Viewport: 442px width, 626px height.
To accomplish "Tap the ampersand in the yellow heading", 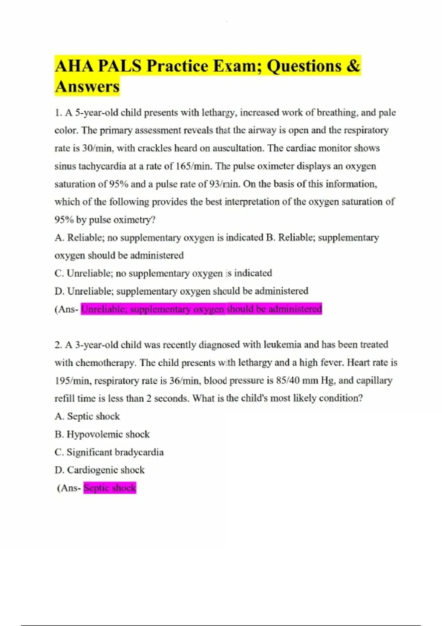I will (x=353, y=66).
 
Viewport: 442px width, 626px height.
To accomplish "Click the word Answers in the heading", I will (x=87, y=87).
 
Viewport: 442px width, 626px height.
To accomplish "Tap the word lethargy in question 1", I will (x=218, y=112).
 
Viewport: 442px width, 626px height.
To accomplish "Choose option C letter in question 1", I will (x=59, y=273).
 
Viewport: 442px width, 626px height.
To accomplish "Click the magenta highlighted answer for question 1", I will (x=201, y=309).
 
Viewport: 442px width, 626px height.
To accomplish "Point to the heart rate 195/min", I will (x=72, y=380).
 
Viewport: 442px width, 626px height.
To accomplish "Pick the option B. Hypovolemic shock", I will (x=102, y=434).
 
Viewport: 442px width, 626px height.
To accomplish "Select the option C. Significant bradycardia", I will (x=109, y=452).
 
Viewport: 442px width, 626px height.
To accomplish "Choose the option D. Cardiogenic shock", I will (x=99, y=470).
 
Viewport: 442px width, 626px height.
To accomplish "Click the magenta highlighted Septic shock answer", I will (x=110, y=488).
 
